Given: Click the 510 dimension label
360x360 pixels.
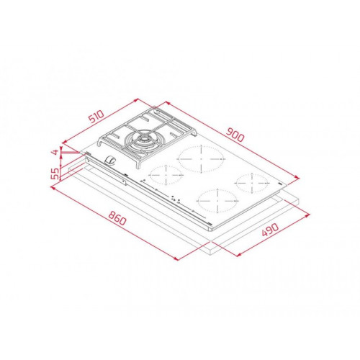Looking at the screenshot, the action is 96,117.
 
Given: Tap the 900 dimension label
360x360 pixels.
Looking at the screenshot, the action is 235,135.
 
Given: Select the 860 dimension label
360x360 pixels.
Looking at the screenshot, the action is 117,218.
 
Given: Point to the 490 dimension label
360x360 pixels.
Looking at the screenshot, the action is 270,230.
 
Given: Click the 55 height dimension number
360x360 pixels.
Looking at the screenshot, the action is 55,174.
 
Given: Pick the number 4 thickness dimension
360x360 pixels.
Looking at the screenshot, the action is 55,152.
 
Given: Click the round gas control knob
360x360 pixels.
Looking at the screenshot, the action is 110,160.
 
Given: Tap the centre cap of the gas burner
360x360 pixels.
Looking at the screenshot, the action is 144,139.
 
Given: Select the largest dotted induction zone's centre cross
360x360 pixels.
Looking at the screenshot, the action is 201,158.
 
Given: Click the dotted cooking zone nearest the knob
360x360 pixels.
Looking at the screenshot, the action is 166,175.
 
